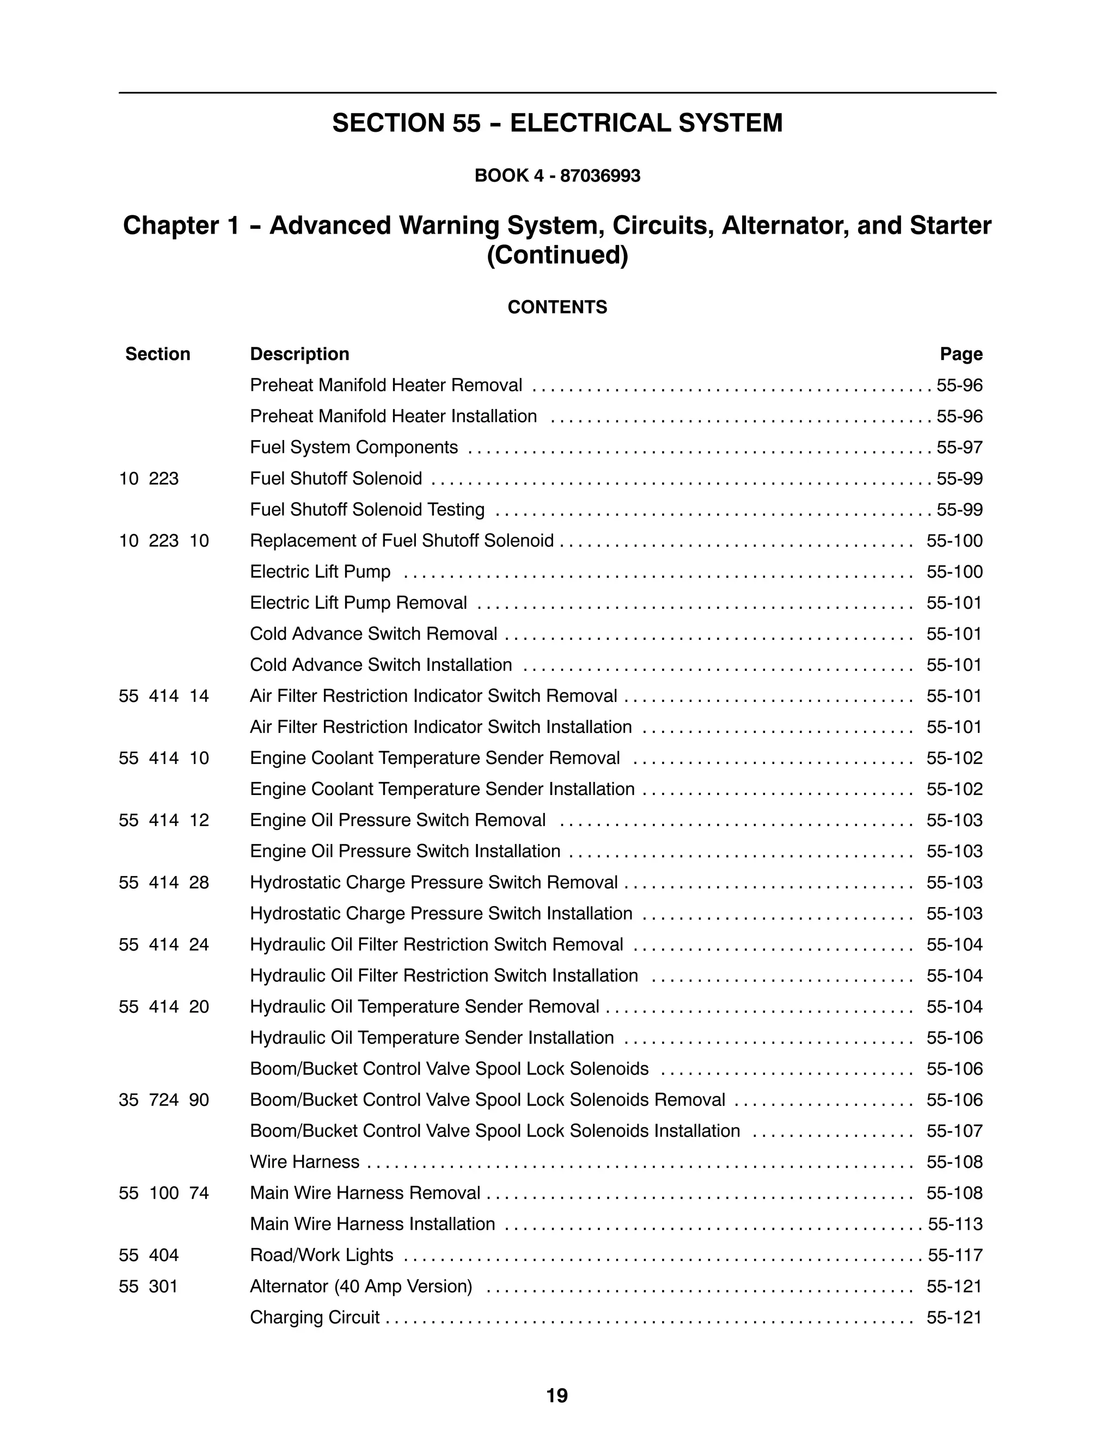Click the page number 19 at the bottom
[557, 1396]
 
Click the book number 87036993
[600, 176]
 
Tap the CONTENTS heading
[557, 307]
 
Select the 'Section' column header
[158, 354]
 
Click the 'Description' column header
[299, 354]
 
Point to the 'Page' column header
[961, 354]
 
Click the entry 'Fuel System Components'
[353, 447]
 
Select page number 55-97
[959, 447]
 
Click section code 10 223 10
[164, 541]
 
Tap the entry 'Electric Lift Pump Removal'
[358, 603]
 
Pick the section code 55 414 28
[164, 882]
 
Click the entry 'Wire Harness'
[304, 1161]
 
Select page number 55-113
[955, 1224]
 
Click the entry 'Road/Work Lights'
[321, 1255]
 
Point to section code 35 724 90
[164, 1099]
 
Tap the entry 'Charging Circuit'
[315, 1317]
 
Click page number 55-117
[955, 1255]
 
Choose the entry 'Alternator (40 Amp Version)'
[360, 1286]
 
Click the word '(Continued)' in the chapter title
[557, 255]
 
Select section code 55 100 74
[164, 1193]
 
